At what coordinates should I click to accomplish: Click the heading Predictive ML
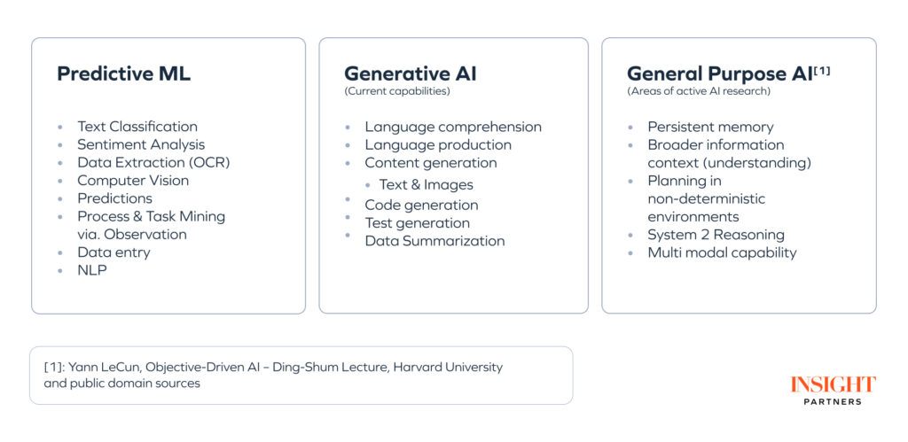coord(123,74)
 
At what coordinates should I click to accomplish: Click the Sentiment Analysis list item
coord(141,144)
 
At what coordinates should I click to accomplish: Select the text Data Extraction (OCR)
coord(153,162)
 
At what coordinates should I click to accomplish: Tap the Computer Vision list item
coord(133,180)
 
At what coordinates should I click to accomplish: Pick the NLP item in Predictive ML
coord(91,270)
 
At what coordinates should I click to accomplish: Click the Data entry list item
coord(113,252)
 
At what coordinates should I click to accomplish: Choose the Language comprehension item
coord(453,127)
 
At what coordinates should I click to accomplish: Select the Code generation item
coord(421,205)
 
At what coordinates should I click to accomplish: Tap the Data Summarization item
coord(434,241)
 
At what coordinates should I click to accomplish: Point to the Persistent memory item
coord(710,127)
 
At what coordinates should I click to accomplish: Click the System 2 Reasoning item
coord(716,235)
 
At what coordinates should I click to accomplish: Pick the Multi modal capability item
coord(722,252)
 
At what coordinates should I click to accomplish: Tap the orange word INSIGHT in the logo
coord(833,384)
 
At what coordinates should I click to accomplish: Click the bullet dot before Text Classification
coord(60,128)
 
